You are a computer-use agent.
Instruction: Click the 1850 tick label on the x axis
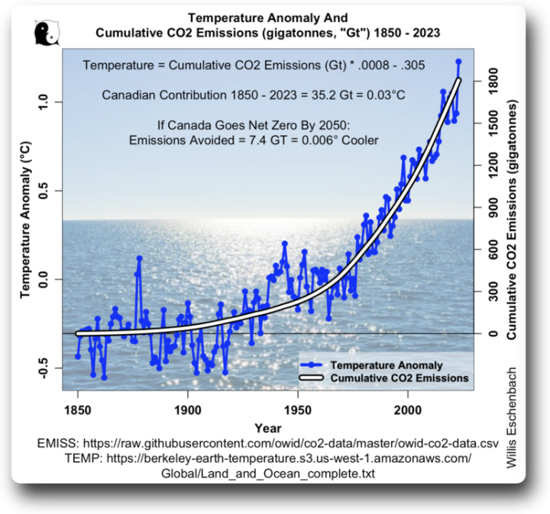[x=77, y=407]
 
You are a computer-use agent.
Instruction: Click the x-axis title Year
[x=268, y=427]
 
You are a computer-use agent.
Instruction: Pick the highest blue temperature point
[x=458, y=61]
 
